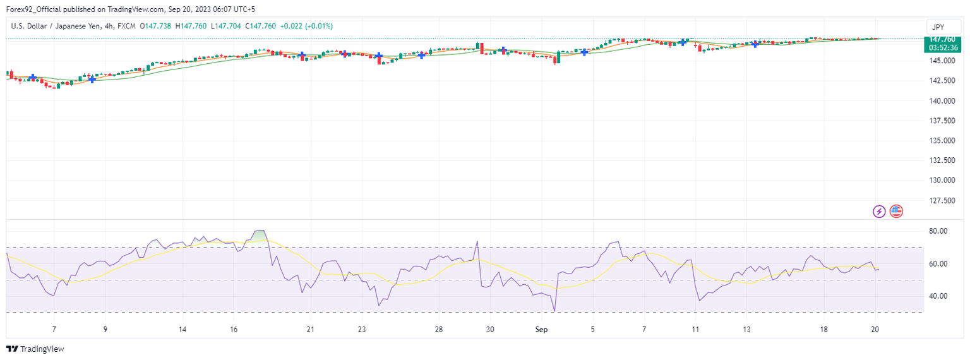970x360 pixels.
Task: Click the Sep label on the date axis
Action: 541,330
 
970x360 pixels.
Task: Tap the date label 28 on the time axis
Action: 439,330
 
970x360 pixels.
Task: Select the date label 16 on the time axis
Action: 234,330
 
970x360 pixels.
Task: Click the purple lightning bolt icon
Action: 879,212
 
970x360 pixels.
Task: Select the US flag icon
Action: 895,212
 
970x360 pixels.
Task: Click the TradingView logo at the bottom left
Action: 35,349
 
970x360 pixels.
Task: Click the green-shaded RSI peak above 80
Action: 259,235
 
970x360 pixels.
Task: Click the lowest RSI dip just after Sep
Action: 554,310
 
